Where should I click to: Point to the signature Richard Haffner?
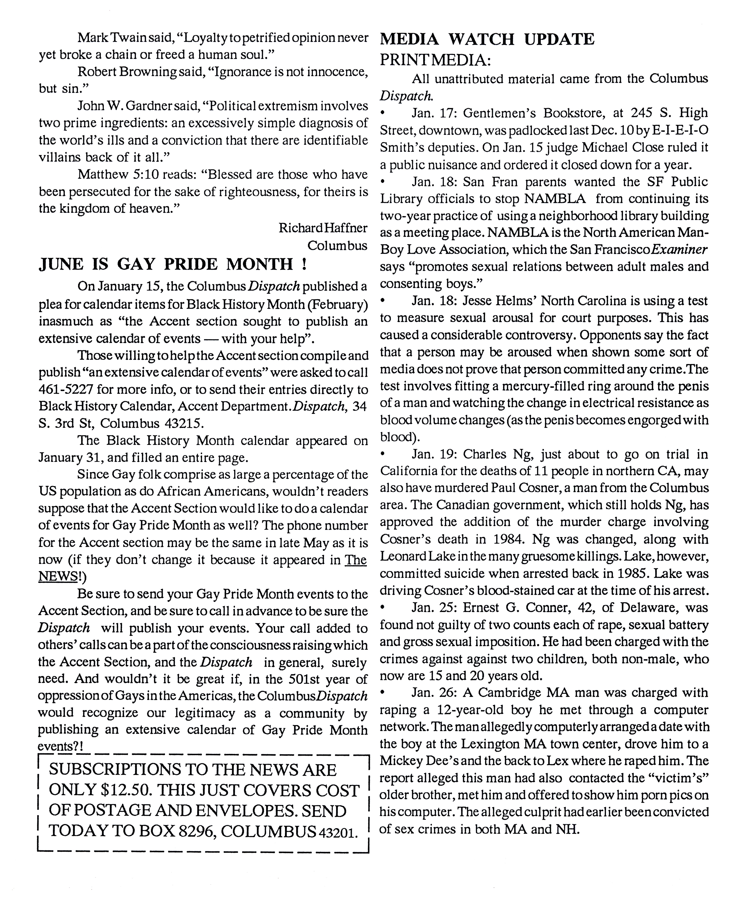323,228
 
